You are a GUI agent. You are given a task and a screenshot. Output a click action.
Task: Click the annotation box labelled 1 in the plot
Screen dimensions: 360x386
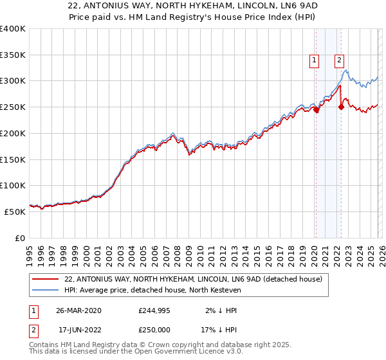[x=315, y=61]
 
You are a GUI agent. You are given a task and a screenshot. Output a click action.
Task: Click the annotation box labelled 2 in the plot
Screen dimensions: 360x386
[x=339, y=61]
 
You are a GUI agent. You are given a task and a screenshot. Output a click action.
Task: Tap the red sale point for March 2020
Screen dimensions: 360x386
[x=316, y=109]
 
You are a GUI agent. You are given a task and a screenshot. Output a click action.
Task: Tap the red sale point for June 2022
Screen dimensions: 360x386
[x=341, y=107]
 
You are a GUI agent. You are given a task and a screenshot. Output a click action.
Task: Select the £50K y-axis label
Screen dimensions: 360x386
[x=15, y=211]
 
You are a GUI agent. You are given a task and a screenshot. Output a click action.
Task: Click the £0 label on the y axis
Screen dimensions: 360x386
[x=20, y=237]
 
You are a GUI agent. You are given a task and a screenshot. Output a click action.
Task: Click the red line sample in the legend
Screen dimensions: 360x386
[x=46, y=279]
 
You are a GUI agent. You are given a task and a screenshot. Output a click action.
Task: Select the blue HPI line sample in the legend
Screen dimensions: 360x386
[x=46, y=290]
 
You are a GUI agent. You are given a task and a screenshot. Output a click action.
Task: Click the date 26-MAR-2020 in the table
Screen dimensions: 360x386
[x=78, y=310]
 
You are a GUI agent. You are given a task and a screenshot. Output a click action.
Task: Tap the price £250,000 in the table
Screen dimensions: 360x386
[x=155, y=329]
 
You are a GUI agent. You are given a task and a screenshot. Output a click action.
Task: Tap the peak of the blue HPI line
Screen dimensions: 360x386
[x=345, y=70]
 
